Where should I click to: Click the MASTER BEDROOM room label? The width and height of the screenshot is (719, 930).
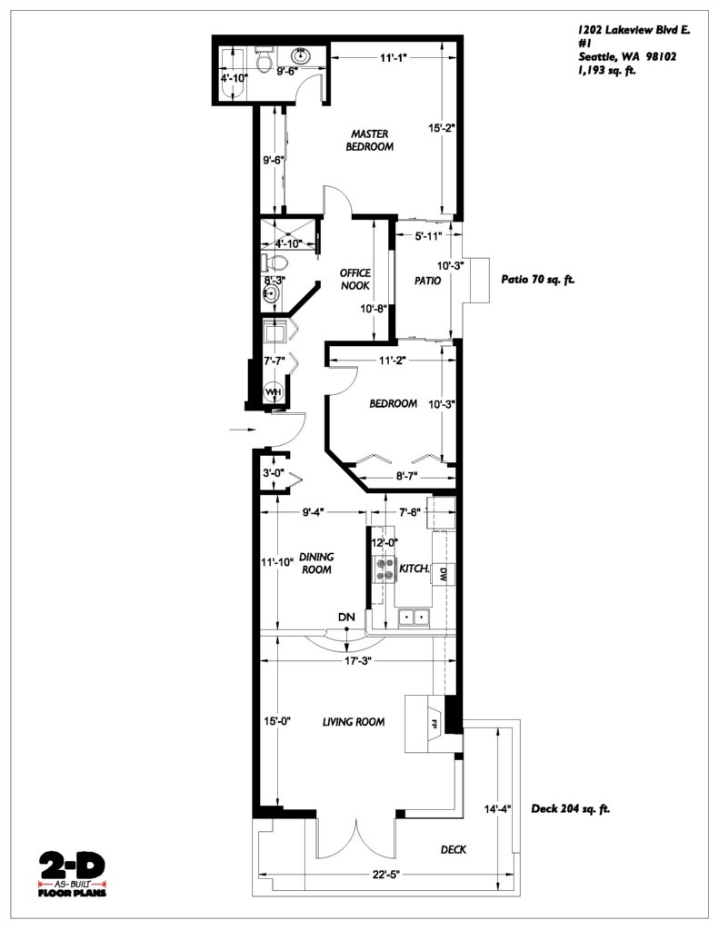point(369,141)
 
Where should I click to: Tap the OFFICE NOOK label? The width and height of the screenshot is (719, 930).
point(355,280)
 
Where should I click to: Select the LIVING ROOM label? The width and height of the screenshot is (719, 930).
point(354,722)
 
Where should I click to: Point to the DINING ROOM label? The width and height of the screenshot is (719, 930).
point(316,563)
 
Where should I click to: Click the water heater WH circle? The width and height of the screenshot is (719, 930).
point(273,392)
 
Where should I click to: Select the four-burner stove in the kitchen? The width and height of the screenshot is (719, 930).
point(383,569)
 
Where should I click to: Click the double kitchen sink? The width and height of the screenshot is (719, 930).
point(414,618)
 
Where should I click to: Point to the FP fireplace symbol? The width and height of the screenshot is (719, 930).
point(434,723)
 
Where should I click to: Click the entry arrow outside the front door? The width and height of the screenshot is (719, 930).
point(242,429)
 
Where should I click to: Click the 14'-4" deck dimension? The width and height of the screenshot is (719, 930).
point(497,808)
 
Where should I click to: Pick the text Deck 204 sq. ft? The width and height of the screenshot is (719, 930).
point(570,808)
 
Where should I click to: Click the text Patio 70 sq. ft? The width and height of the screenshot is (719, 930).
point(538,280)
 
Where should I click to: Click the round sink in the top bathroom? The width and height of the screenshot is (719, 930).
point(302,55)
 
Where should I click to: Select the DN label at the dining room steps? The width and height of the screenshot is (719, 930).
point(346,618)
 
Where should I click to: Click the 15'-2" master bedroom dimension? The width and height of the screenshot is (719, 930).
point(441,127)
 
